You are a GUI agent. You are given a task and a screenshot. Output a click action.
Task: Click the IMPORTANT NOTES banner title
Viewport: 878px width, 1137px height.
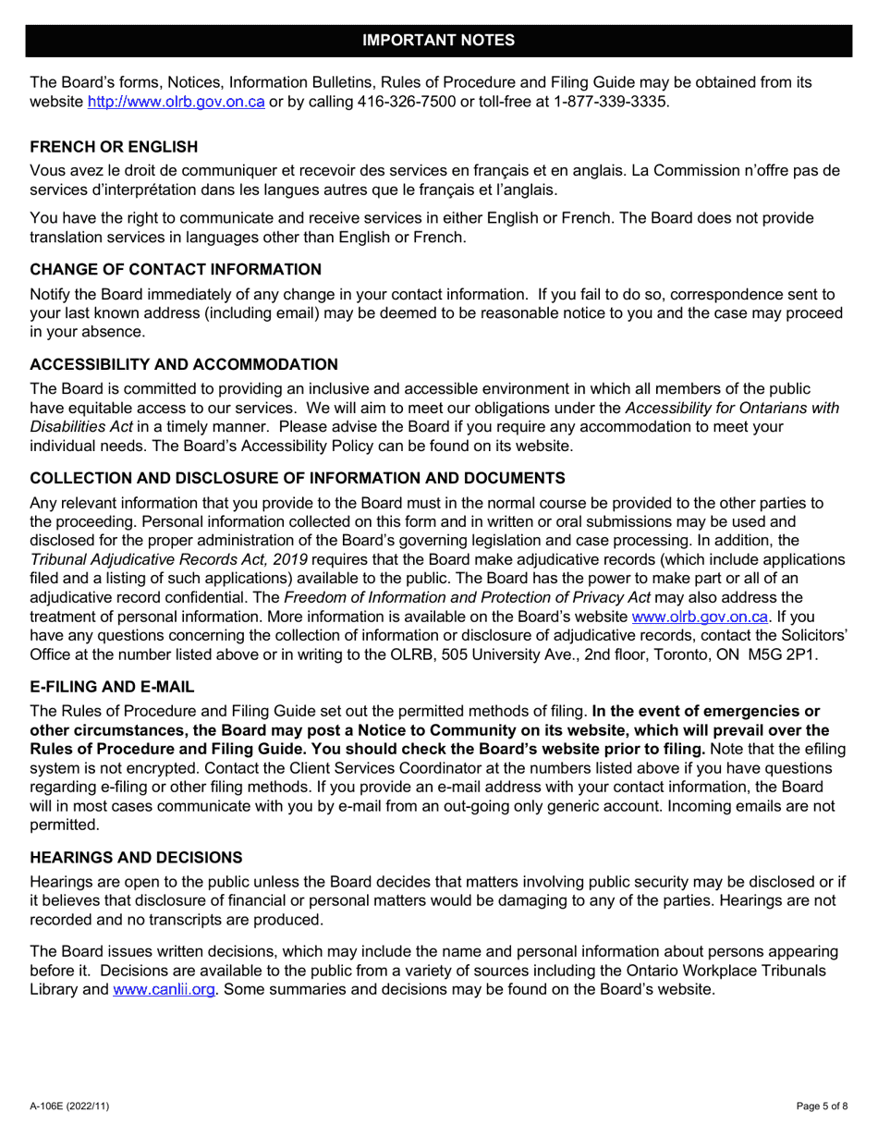pyautogui.click(x=438, y=40)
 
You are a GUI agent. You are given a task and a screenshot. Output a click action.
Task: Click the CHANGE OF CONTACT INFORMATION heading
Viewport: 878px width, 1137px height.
pyautogui.click(x=176, y=270)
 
